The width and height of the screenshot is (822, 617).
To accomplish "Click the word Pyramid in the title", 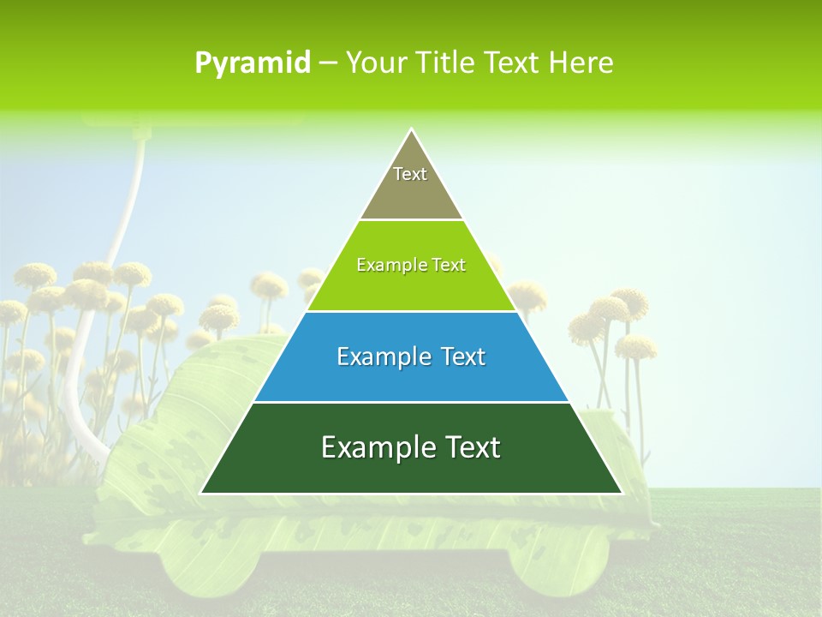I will tap(252, 63).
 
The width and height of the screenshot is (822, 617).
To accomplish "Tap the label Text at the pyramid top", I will tap(410, 174).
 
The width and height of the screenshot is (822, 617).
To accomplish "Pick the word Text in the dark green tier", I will tap(467, 447).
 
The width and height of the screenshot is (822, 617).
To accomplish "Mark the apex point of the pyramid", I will tap(411, 130).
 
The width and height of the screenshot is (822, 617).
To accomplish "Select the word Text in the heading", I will tap(513, 63).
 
